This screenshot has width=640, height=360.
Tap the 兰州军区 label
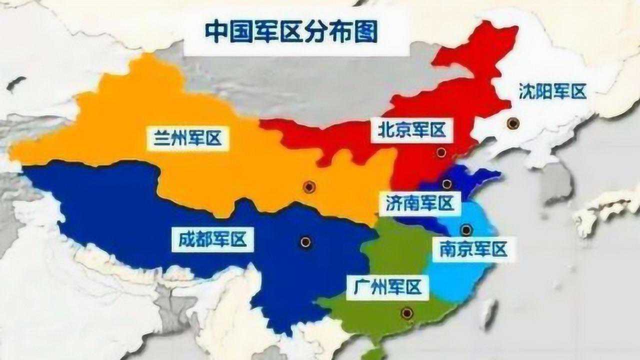pyautogui.click(x=188, y=138)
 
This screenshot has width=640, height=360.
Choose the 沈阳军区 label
pyautogui.click(x=552, y=92)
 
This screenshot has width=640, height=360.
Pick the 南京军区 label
pyautogui.click(x=473, y=249)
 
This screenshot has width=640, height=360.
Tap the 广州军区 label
pyautogui.click(x=387, y=288)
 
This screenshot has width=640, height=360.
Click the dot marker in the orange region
pyautogui.click(x=309, y=187)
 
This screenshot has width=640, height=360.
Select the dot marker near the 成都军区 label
pyautogui.click(x=305, y=242)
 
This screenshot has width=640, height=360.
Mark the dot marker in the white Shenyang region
pyautogui.click(x=512, y=123)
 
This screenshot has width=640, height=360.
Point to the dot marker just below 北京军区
pyautogui.click(x=440, y=152)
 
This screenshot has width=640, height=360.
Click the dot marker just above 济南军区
pyautogui.click(x=446, y=184)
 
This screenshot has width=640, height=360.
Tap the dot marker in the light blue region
pyautogui.click(x=466, y=230)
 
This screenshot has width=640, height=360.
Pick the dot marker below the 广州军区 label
pyautogui.click(x=407, y=313)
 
